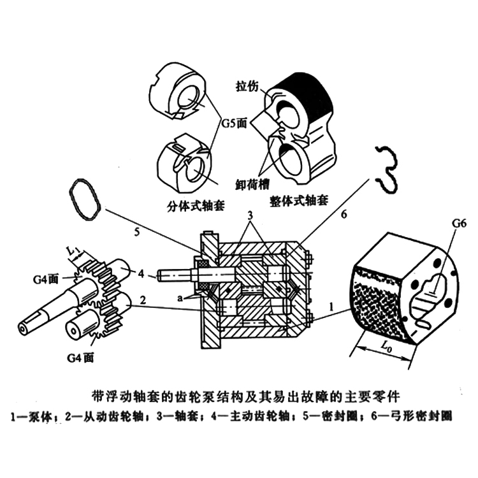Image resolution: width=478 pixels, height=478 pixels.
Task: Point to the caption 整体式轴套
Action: coord(298,200)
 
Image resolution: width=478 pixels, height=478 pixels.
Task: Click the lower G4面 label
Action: coord(82,358)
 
